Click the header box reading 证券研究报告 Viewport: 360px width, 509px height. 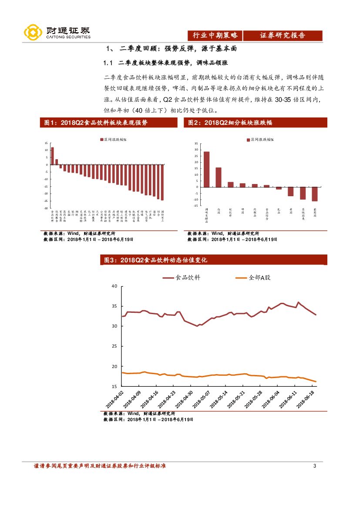point(283,36)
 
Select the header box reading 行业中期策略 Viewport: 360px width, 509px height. point(215,36)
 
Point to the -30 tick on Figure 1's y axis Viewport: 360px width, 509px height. point(46,208)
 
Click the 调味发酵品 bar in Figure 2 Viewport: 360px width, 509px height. point(206,169)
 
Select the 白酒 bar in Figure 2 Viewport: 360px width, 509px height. point(219,177)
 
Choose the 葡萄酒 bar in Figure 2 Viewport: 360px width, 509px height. point(315,194)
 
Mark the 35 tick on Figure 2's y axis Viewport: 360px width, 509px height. point(196,143)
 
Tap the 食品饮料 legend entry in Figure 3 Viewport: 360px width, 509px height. point(182,278)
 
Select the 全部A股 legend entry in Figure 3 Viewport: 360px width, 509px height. point(253,278)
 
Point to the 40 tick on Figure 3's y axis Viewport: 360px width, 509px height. point(114,286)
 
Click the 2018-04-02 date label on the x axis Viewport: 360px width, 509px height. point(114,399)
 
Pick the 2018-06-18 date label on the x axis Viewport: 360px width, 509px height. point(307,399)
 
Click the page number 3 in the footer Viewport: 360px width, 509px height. point(315,466)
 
